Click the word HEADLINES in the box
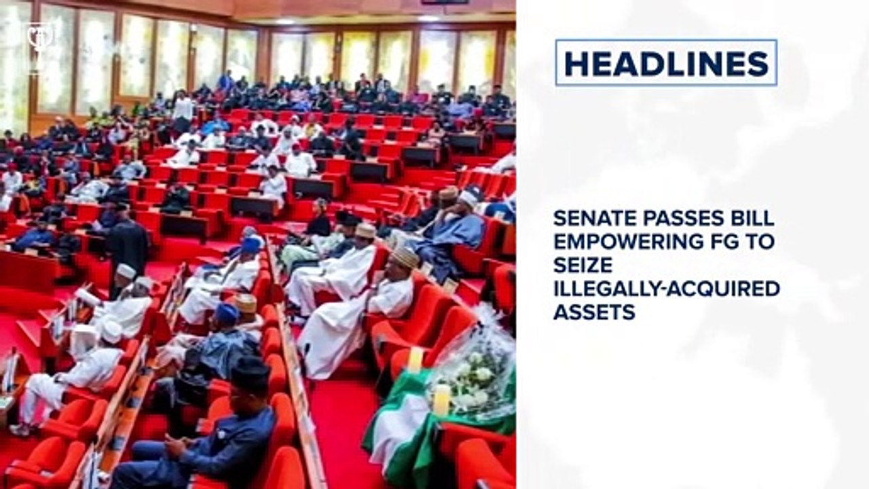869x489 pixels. coord(666,62)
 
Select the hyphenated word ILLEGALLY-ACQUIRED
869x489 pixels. coord(666,289)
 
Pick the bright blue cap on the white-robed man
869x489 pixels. coord(251,244)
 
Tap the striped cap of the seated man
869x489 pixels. coord(405,257)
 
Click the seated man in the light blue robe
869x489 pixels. coord(451,231)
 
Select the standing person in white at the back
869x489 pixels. coord(182,109)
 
